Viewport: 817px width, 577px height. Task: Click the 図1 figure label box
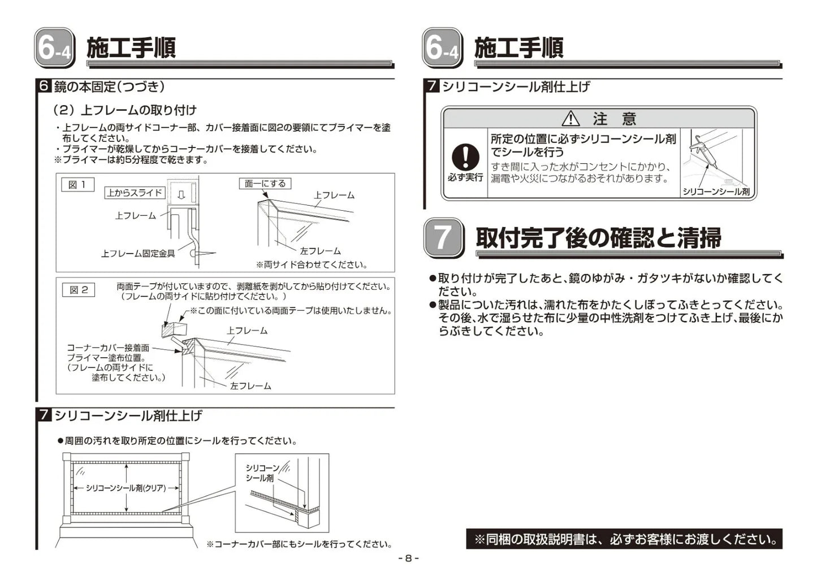pyautogui.click(x=77, y=184)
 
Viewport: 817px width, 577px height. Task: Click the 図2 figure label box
pyautogui.click(x=78, y=290)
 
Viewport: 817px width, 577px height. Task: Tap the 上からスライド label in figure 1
pyautogui.click(x=135, y=193)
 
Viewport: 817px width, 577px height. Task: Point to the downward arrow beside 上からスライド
pyautogui.click(x=181, y=194)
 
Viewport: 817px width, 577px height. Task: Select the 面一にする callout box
pyautogui.click(x=265, y=183)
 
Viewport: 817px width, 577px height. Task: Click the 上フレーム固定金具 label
pyautogui.click(x=138, y=254)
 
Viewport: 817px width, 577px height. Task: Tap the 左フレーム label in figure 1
pyautogui.click(x=320, y=251)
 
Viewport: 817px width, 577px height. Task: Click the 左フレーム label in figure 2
pyautogui.click(x=250, y=386)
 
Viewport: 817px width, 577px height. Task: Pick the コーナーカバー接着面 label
pyautogui.click(x=108, y=348)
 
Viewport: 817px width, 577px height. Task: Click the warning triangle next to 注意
pyautogui.click(x=570, y=119)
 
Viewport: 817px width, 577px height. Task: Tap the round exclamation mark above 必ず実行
pyautogui.click(x=465, y=157)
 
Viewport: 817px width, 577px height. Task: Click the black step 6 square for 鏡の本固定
pyautogui.click(x=44, y=86)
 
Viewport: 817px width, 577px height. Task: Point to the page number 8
pyautogui.click(x=408, y=558)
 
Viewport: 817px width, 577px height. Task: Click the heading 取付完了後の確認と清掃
pyautogui.click(x=598, y=238)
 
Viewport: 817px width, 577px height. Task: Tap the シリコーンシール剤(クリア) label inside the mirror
pyautogui.click(x=126, y=488)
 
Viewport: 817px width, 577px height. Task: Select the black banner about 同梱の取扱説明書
pyautogui.click(x=624, y=539)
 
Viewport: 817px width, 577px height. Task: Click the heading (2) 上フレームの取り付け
pyautogui.click(x=124, y=110)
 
